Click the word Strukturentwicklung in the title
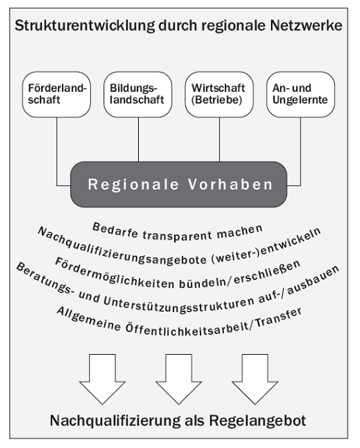pos(84,26)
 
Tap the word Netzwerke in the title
pos(306,26)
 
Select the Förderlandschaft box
pos(57,94)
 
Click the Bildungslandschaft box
pos(138,94)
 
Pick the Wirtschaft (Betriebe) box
pos(219,94)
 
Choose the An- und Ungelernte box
pos(300,94)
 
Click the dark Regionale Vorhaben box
pos(179,184)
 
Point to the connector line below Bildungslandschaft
pos(139,140)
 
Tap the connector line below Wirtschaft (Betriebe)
pos(220,140)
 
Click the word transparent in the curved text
pos(177,236)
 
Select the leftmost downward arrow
pos(102,379)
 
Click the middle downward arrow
pos(179,379)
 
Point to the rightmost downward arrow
pos(255,379)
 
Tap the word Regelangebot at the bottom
pos(258,421)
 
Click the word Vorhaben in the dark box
pos(230,184)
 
